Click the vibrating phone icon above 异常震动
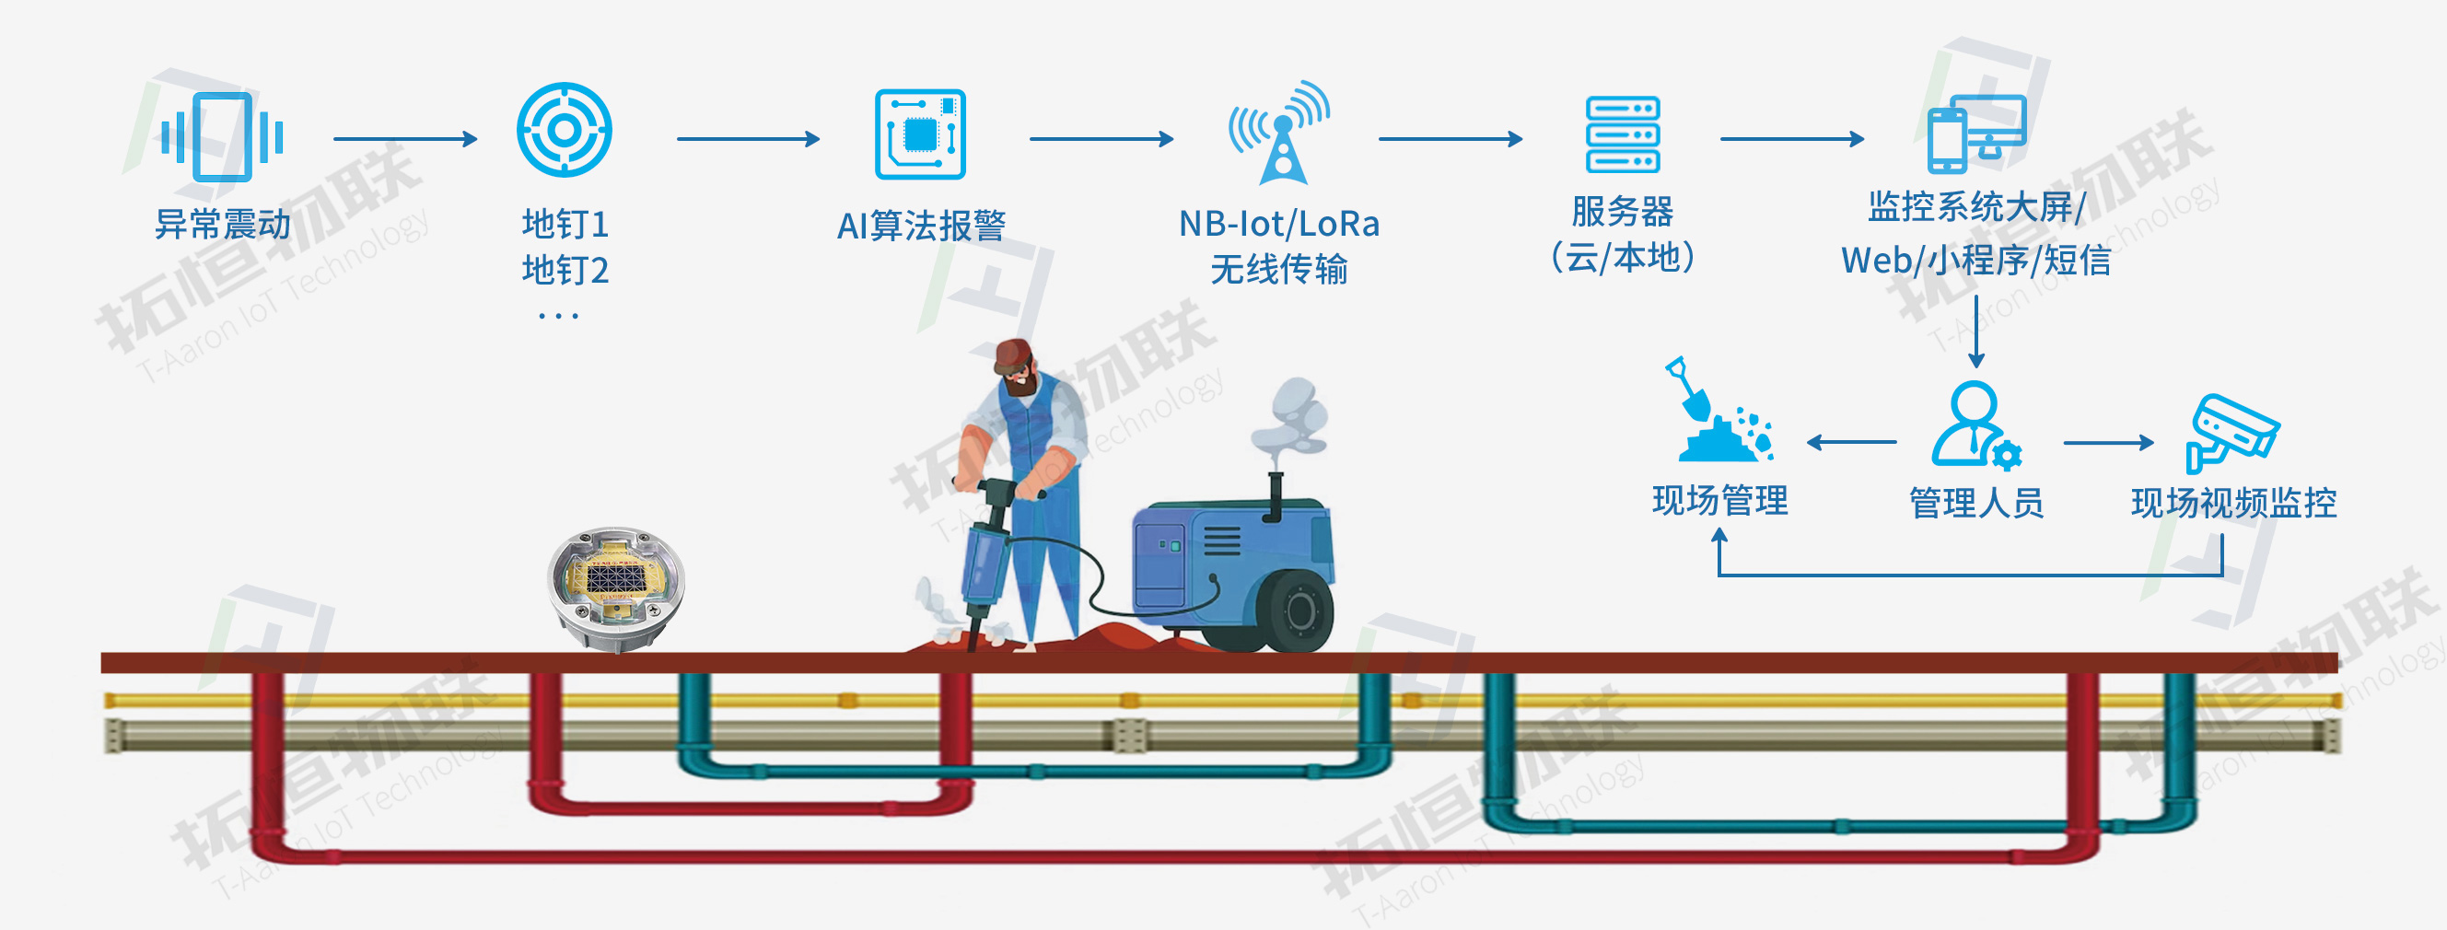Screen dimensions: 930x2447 point(222,137)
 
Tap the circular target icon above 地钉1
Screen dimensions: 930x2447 point(565,130)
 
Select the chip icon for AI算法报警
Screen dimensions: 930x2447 point(919,134)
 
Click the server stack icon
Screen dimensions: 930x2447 point(1623,134)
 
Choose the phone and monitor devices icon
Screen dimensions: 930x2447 point(1975,133)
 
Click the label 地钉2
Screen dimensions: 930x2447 point(565,271)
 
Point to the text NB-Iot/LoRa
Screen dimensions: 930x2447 point(1278,224)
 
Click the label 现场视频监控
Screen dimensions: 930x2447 point(2233,503)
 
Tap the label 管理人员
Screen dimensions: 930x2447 point(1975,503)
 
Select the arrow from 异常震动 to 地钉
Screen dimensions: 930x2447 point(404,139)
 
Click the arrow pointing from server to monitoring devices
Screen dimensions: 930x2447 point(1791,139)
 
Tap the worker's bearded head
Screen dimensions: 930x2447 point(1016,367)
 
